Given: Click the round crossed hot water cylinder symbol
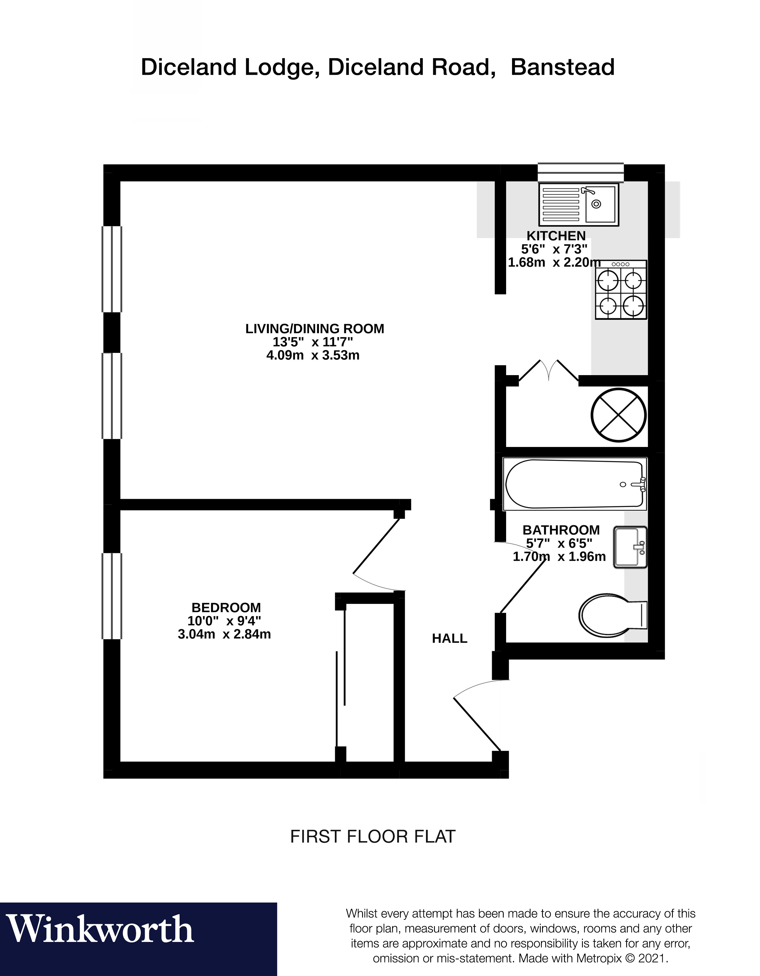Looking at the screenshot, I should click(x=619, y=415).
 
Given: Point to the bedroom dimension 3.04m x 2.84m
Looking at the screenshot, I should click(x=224, y=634).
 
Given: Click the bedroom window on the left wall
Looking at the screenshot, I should click(x=112, y=596).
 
